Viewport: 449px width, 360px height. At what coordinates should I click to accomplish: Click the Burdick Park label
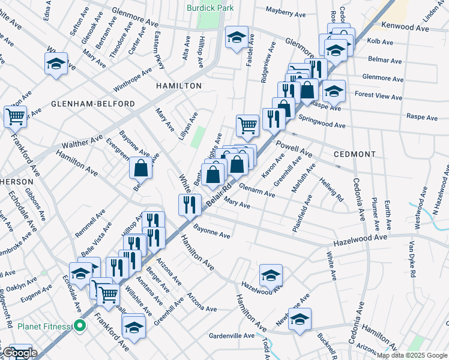click(209, 8)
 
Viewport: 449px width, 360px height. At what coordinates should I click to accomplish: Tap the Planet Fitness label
click(44, 327)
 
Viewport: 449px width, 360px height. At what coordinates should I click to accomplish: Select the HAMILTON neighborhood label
click(179, 86)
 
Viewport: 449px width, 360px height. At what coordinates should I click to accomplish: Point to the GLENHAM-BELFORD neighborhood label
click(92, 104)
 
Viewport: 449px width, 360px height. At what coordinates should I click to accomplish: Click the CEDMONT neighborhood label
click(355, 154)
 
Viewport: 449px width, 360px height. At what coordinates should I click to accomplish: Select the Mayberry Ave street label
click(286, 12)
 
